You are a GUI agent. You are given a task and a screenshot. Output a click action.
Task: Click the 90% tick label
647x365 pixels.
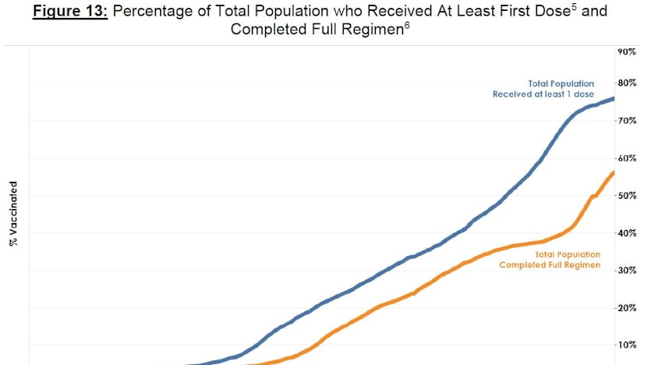coord(627,51)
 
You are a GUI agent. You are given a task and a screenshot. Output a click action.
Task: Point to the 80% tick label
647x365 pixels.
coord(627,83)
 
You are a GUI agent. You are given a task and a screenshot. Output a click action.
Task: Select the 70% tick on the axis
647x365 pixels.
coord(627,121)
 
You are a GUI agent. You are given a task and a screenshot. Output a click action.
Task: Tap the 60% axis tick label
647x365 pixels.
coord(627,158)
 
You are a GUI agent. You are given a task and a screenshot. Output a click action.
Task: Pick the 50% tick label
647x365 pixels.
coord(627,196)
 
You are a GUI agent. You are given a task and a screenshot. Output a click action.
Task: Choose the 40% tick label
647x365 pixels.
coord(627,233)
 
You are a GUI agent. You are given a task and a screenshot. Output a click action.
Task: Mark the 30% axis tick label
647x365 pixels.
coord(627,271)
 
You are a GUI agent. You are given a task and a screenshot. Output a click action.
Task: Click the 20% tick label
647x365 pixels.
coord(627,308)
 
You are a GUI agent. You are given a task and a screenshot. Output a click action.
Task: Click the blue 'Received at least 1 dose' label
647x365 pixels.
coord(543,94)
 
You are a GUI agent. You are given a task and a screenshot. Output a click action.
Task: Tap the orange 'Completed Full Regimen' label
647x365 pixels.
coord(550,265)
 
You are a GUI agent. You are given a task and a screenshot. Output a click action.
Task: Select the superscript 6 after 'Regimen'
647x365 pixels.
coord(408,25)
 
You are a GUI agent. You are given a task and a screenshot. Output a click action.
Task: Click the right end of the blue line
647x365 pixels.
coord(613,98)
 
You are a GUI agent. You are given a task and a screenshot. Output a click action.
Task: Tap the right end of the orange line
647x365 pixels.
coord(613,172)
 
